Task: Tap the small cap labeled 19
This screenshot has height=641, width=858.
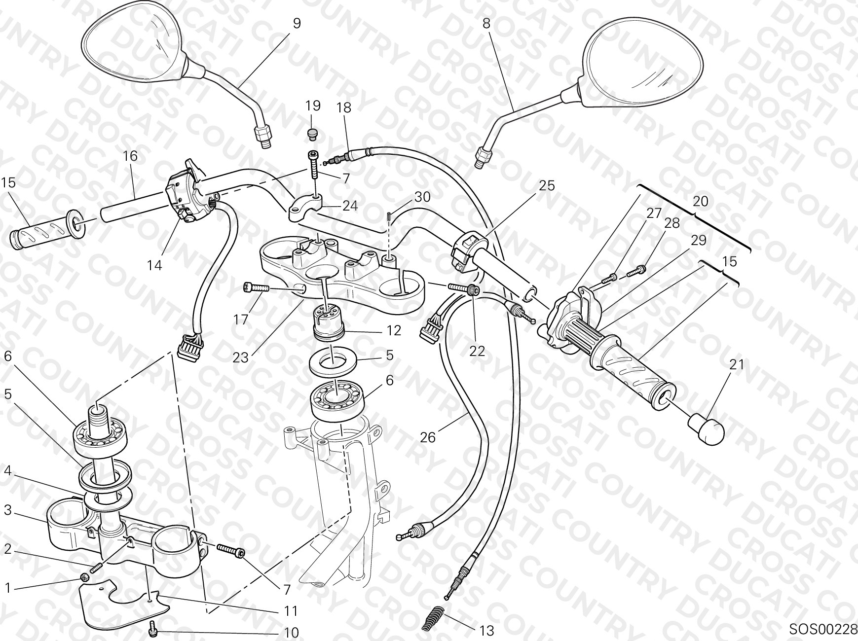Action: [312, 133]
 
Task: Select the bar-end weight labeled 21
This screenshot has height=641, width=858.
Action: [707, 429]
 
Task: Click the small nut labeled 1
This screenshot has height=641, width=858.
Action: [85, 577]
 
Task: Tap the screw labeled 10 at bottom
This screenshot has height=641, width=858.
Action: [152, 628]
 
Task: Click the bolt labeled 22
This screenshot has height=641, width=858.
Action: [464, 289]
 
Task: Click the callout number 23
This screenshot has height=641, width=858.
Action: [240, 357]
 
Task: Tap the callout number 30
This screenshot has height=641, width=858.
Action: [422, 197]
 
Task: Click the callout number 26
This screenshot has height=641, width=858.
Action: [427, 437]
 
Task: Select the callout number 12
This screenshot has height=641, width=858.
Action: [393, 330]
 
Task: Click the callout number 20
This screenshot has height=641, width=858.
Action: [701, 201]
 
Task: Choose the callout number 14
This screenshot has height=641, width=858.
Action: [154, 265]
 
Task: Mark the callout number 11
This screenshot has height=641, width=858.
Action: [291, 611]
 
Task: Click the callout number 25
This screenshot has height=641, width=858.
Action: [547, 185]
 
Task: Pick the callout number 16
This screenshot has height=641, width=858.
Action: [130, 156]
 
